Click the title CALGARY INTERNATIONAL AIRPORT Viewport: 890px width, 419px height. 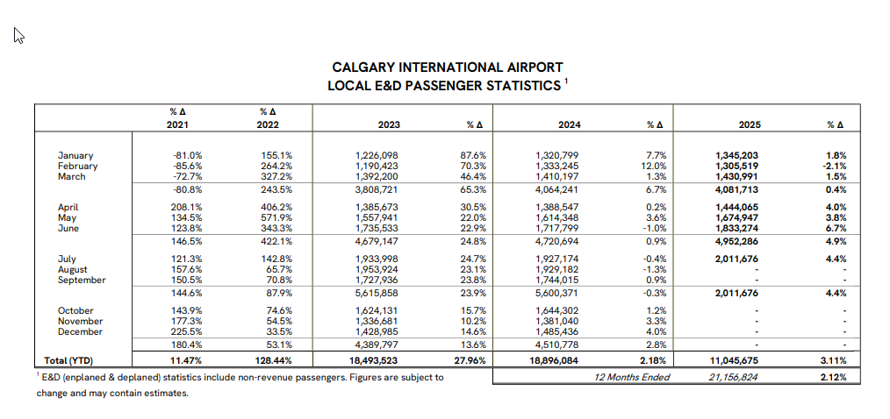(448, 67)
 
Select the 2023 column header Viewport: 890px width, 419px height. (389, 125)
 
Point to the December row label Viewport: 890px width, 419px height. (80, 331)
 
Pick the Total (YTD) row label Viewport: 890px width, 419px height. (68, 360)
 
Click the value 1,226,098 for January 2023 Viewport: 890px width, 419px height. (377, 155)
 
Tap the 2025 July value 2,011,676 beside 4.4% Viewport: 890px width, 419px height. (737, 259)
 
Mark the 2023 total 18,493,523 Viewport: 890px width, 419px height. (375, 360)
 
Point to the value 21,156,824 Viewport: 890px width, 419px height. (737, 377)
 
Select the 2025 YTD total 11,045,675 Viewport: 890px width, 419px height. (737, 360)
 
